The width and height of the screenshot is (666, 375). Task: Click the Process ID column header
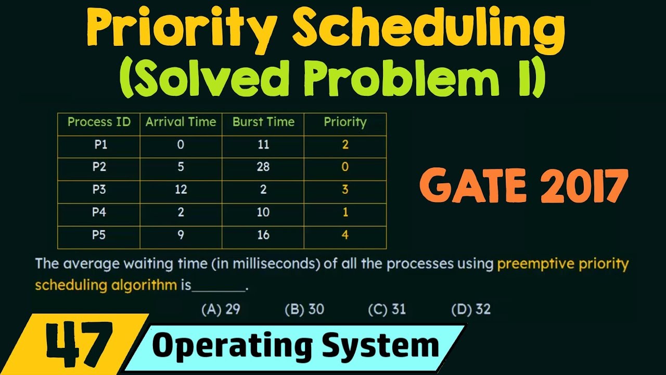(x=99, y=122)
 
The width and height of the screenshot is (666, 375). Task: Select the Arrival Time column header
(x=181, y=122)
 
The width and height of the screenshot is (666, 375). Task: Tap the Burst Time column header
(x=263, y=122)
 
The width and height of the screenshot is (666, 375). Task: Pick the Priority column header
(x=345, y=122)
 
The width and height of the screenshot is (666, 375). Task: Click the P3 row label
(x=99, y=190)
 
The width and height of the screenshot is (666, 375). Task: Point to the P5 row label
(x=99, y=235)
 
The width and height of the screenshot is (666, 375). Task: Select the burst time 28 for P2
(x=263, y=167)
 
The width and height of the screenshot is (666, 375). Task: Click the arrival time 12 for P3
(x=181, y=190)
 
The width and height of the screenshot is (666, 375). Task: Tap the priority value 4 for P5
(x=345, y=235)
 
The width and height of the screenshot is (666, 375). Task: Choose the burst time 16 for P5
(x=263, y=235)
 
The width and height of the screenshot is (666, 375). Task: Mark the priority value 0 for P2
(x=345, y=167)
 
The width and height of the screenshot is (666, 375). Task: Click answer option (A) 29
(x=221, y=309)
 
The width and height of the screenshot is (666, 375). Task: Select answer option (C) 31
(x=387, y=309)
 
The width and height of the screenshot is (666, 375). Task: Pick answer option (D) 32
(x=471, y=309)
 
